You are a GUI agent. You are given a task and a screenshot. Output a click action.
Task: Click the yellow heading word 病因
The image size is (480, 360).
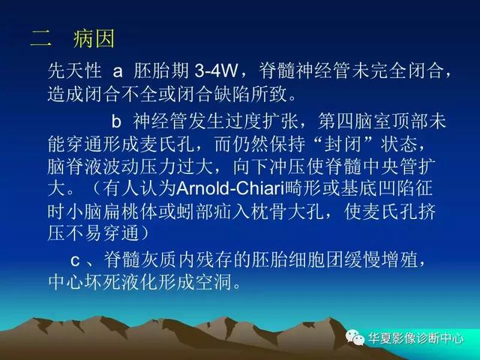click(94, 38)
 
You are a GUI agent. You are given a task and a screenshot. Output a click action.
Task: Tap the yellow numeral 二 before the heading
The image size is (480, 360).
click(40, 39)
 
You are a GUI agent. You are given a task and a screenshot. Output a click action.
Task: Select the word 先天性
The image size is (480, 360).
click(75, 71)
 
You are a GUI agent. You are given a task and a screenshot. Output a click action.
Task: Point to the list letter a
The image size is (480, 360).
click(118, 72)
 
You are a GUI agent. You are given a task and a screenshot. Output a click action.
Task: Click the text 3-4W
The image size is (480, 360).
click(216, 71)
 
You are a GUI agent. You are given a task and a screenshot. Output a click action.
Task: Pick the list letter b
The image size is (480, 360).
click(116, 121)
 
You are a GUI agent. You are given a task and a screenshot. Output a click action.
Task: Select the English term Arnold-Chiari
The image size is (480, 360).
click(231, 188)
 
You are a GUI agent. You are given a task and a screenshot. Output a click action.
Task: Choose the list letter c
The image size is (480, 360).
click(75, 261)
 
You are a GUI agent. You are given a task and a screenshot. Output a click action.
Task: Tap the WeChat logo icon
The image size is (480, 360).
click(355, 338)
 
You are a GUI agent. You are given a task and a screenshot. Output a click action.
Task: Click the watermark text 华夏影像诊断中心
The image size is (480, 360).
click(416, 338)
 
